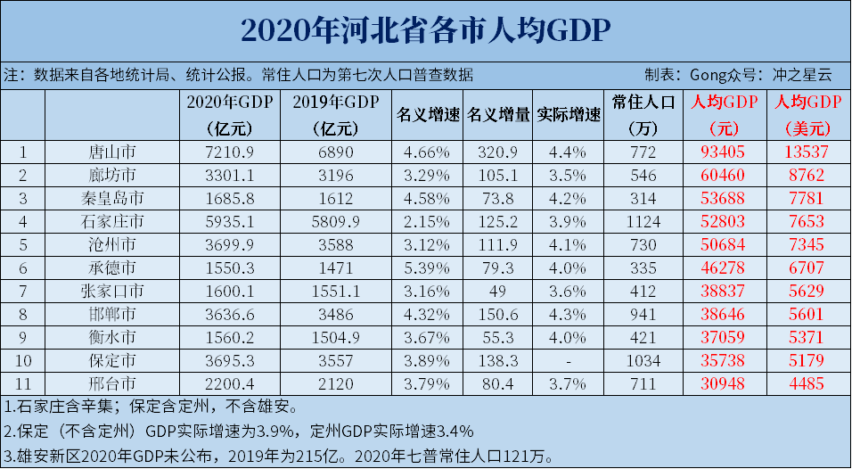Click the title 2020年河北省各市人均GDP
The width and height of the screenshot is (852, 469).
point(425,30)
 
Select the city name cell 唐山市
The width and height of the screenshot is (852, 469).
point(112,152)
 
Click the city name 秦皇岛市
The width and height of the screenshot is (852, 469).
point(112,198)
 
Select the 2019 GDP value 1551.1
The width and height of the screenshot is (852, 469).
point(338,291)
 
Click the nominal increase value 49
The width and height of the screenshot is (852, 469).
point(498,291)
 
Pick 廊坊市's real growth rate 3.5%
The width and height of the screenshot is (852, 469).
point(568,175)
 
